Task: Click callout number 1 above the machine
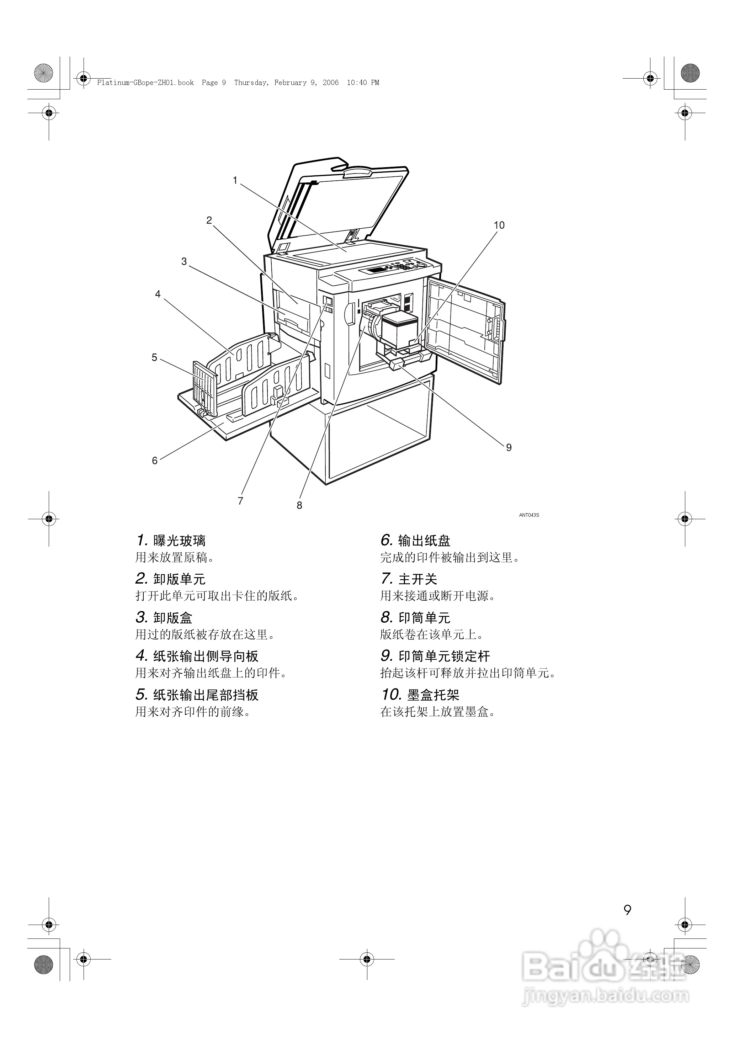[235, 181]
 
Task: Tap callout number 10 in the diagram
[499, 225]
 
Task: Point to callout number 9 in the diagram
[509, 447]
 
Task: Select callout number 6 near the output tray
[155, 461]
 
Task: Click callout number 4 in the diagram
[158, 294]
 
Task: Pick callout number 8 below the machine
[299, 506]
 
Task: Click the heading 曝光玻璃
[180, 541]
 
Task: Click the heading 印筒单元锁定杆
[444, 656]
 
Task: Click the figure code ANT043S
[529, 515]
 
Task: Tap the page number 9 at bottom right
[627, 910]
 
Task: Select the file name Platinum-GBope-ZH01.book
[145, 83]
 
